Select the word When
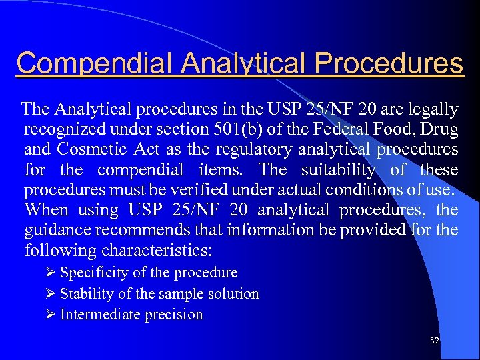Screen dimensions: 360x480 coord(46,210)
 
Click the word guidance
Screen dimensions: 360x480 coord(55,231)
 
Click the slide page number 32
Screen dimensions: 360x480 coord(435,340)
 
